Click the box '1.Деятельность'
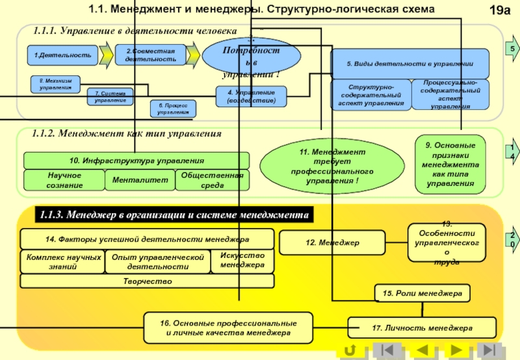pyautogui.click(x=62, y=55)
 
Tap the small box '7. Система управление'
pyautogui.click(x=110, y=97)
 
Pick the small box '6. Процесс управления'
pyautogui.click(x=172, y=109)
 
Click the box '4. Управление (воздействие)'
pyautogui.click(x=250, y=97)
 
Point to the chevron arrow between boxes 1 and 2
pyautogui.click(x=105, y=55)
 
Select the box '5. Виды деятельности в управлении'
pyautogui.click(x=409, y=64)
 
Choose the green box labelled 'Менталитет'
pyautogui.click(x=139, y=180)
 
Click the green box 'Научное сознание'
pyautogui.click(x=64, y=180)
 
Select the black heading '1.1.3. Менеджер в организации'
pyautogui.click(x=174, y=214)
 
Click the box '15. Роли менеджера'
pyautogui.click(x=422, y=294)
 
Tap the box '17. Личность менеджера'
pyautogui.click(x=422, y=328)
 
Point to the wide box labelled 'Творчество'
pyautogui.click(x=148, y=281)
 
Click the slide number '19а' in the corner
pyautogui.click(x=499, y=10)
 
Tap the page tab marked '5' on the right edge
pyautogui.click(x=512, y=49)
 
